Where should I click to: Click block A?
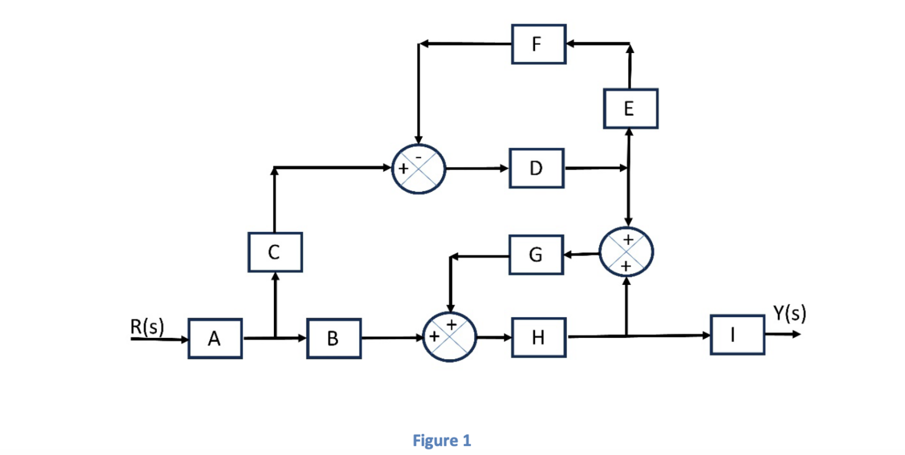pyautogui.click(x=215, y=338)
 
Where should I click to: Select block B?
pyautogui.click(x=333, y=338)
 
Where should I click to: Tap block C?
pyautogui.click(x=275, y=252)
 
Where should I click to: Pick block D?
pyautogui.click(x=537, y=168)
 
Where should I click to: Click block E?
pyautogui.click(x=630, y=108)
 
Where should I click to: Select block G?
pyautogui.click(x=537, y=255)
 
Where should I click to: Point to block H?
pyautogui.click(x=539, y=337)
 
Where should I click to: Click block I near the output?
pyautogui.click(x=737, y=335)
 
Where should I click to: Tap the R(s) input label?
pyautogui.click(x=148, y=326)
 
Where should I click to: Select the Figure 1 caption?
pyautogui.click(x=442, y=440)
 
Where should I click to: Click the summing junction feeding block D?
pyautogui.click(x=418, y=168)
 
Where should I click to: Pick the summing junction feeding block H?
pyautogui.click(x=450, y=337)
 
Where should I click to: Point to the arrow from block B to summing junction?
pyautogui.click(x=392, y=338)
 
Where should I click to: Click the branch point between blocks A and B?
pyautogui.click(x=275, y=338)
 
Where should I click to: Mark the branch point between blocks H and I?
pyautogui.click(x=626, y=337)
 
